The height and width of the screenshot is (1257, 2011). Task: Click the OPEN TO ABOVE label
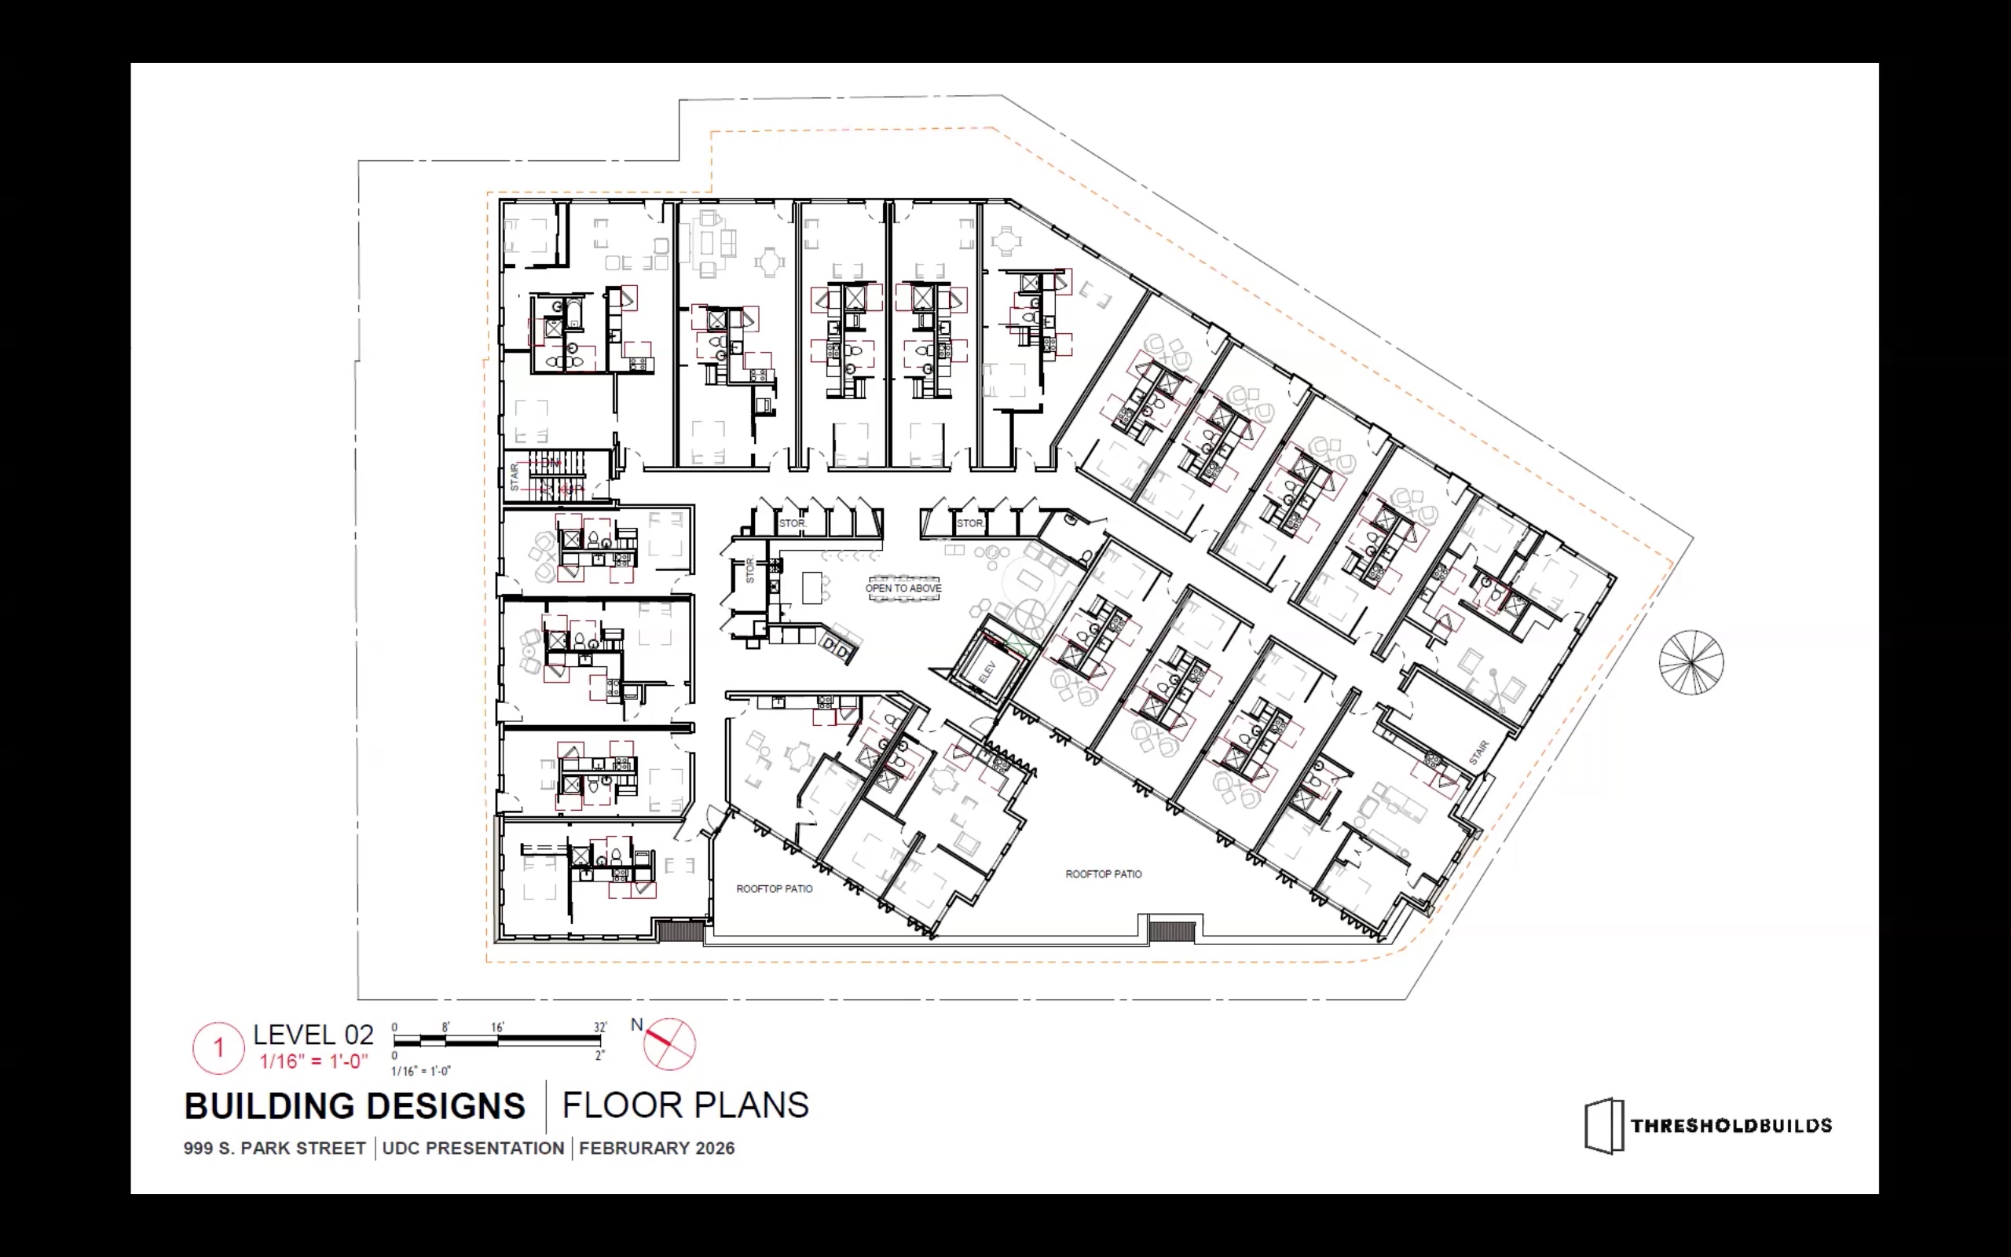[903, 588]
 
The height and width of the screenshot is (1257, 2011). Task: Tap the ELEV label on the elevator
[987, 672]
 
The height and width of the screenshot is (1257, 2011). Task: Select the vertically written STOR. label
[749, 570]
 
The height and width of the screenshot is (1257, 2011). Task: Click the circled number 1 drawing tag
[218, 1047]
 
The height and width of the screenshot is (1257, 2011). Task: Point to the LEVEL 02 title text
[313, 1035]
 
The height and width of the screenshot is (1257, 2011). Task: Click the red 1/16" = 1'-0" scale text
[313, 1061]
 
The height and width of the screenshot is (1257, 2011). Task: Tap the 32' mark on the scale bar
[600, 1027]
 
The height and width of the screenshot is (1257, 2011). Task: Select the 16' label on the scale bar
[497, 1027]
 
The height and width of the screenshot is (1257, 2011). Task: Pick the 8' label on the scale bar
[445, 1027]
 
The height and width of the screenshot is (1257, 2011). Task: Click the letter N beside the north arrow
[636, 1025]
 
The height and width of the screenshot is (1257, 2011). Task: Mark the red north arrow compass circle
[670, 1044]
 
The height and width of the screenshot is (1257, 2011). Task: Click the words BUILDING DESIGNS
[355, 1105]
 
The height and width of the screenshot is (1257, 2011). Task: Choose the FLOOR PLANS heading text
[686, 1105]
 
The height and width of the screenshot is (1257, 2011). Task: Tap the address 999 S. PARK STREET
[274, 1148]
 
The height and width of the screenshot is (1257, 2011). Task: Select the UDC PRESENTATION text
[473, 1148]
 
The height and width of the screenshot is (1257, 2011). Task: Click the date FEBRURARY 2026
[657, 1148]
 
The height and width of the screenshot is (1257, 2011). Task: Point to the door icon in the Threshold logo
[1604, 1127]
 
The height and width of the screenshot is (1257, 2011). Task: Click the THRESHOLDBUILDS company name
[1731, 1126]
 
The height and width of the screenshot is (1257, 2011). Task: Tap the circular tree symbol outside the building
[1691, 662]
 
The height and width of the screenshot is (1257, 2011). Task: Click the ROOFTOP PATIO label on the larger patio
[1104, 874]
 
